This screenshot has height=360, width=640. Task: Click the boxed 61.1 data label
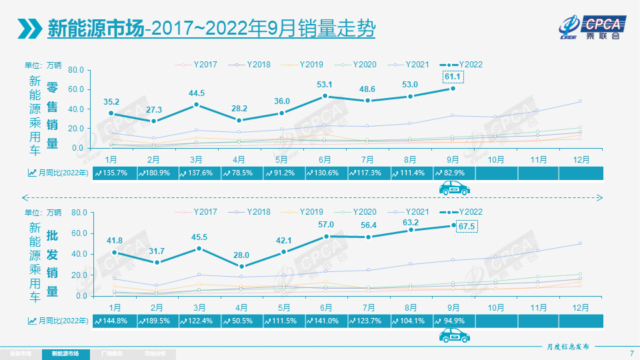click(453, 77)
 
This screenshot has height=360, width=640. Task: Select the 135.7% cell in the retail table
click(115, 173)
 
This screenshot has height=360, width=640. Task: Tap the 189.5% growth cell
click(157, 320)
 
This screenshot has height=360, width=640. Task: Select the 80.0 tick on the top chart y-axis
click(75, 70)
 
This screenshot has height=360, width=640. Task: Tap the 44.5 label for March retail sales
click(196, 93)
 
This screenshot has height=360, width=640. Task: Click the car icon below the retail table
click(454, 189)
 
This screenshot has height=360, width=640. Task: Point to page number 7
click(631, 353)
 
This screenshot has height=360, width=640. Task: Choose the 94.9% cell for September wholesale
click(454, 320)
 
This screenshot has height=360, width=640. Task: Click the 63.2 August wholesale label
click(411, 213)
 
